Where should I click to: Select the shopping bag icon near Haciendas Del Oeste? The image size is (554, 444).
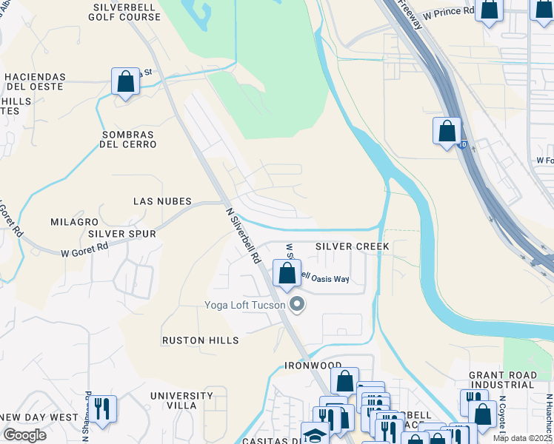coord(126,81)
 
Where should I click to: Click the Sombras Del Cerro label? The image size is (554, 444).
coord(128,139)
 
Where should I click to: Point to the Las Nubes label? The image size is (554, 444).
coord(162,201)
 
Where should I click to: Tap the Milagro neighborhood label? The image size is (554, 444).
coord(74,222)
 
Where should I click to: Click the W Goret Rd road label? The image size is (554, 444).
coord(84,251)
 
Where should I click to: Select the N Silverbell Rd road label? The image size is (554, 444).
coord(244,235)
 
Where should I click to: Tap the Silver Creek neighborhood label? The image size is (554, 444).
coord(352,246)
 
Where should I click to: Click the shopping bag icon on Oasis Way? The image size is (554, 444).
coord(287,273)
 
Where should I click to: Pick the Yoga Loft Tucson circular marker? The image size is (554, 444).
coord(298,304)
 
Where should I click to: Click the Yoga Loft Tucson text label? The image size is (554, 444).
coord(245,305)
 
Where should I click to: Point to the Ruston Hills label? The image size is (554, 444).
coord(201,340)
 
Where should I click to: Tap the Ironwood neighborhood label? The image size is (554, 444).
coord(313,366)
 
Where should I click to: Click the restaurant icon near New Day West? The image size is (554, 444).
coord(102,408)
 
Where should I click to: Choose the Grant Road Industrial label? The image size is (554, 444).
coord(502,380)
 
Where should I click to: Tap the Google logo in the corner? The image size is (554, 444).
coord(24,435)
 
